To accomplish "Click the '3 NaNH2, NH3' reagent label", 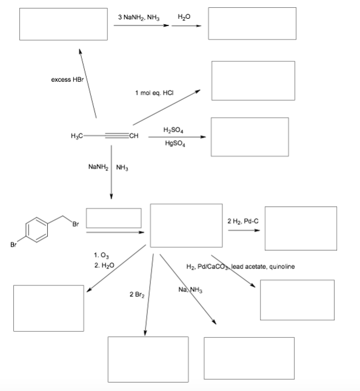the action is coord(139,17).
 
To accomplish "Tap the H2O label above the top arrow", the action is coord(184,17).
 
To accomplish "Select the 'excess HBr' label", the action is coord(67,79).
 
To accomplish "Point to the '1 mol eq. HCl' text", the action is coord(155,93).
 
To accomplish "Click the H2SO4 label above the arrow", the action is coord(173,130).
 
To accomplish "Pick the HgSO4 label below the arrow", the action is coord(175,144).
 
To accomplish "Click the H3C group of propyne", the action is coord(77,136).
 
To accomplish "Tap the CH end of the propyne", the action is coord(133,136).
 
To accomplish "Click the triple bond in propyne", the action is coord(117,136).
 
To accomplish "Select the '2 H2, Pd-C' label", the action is coord(243,221).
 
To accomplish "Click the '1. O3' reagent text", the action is coord(101,255).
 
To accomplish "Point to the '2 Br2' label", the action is coord(137,295).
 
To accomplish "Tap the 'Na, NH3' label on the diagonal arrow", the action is coord(190,290).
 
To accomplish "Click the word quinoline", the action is coord(282,267).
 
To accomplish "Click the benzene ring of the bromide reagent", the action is coord(36,230).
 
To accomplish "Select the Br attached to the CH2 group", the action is coord(76,224).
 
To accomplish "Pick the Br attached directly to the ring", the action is coord(13,245).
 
